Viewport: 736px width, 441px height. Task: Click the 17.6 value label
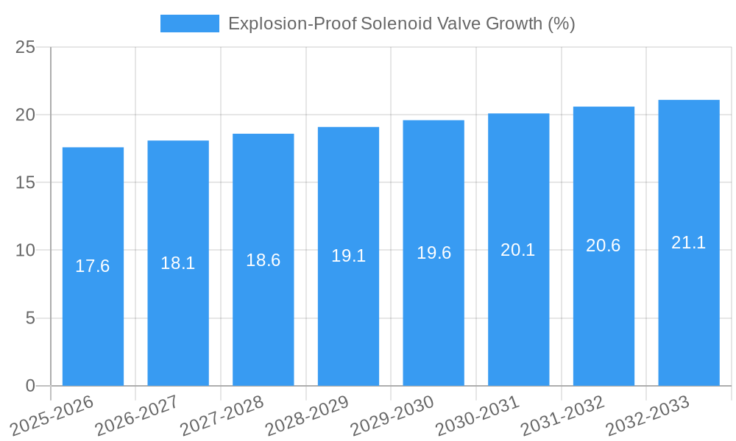pyautogui.click(x=93, y=266)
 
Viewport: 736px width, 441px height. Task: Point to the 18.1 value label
pyautogui.click(x=178, y=263)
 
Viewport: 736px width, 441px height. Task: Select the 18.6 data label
pyautogui.click(x=263, y=260)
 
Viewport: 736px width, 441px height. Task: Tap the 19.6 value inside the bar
pyautogui.click(x=434, y=253)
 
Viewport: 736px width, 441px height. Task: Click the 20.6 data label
pyautogui.click(x=604, y=246)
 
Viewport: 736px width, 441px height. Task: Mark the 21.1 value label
pyautogui.click(x=689, y=243)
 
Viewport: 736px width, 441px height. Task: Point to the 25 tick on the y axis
pyautogui.click(x=25, y=48)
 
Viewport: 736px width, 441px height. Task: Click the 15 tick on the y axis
pyautogui.click(x=25, y=183)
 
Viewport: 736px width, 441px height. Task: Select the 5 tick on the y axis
pyautogui.click(x=30, y=318)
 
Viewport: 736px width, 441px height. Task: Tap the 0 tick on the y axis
pyautogui.click(x=30, y=386)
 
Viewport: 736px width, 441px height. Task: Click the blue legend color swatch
pyautogui.click(x=190, y=24)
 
